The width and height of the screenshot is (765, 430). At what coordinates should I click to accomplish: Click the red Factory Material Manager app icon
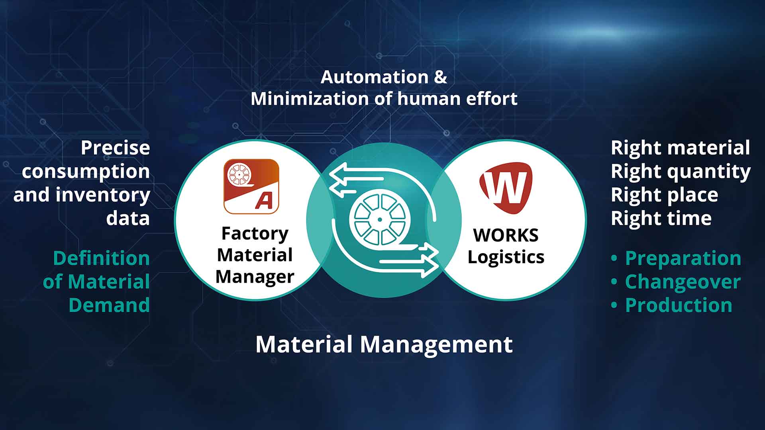tap(251, 186)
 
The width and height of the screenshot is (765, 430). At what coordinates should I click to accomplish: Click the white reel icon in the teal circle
tap(379, 219)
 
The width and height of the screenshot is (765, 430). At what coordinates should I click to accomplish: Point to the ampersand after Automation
tap(440, 77)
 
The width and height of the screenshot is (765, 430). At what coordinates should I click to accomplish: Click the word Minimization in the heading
tap(310, 99)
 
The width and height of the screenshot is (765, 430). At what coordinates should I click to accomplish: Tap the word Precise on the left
tap(116, 148)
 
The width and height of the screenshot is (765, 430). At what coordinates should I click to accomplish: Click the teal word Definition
tap(102, 258)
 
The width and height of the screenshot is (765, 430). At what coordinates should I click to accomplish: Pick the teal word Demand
tap(109, 305)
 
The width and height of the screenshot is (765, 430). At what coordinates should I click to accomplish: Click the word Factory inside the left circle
tap(255, 234)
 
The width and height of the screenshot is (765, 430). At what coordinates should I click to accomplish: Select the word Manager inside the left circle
tap(255, 277)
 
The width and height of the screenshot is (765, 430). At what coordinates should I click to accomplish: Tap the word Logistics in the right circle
tap(506, 257)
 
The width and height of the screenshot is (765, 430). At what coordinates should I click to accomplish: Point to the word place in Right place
tap(692, 195)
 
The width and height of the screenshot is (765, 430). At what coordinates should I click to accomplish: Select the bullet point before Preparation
tap(614, 259)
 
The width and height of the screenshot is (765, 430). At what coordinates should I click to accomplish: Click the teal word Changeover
tap(683, 282)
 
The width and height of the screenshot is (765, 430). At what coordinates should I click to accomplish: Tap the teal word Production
tap(679, 305)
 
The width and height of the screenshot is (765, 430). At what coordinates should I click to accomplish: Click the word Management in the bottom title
tap(436, 344)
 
